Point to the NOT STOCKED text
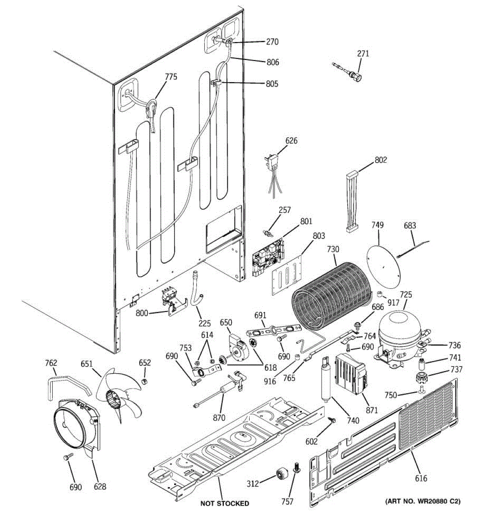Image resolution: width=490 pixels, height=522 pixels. pyautogui.click(x=225, y=503)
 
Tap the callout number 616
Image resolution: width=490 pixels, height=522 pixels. pyautogui.click(x=421, y=478)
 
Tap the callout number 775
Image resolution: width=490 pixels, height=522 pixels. pyautogui.click(x=171, y=77)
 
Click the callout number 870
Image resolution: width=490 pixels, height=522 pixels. pyautogui.click(x=219, y=418)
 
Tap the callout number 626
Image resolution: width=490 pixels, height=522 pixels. pyautogui.click(x=291, y=141)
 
